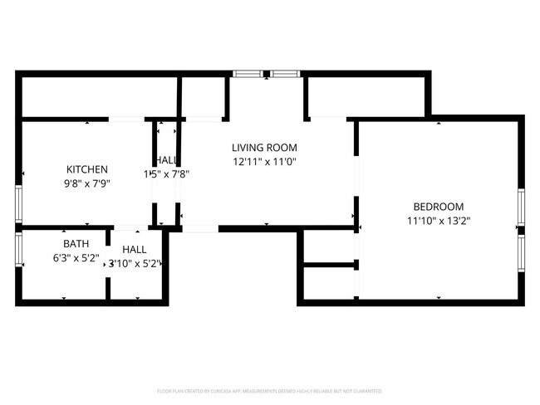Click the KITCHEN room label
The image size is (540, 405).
[x=87, y=168]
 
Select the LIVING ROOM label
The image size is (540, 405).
[x=264, y=148]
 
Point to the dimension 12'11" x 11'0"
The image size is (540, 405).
[x=264, y=163]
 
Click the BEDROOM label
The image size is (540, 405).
[x=439, y=207]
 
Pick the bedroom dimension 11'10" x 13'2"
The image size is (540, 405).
[x=439, y=221]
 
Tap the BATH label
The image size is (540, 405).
[x=76, y=244]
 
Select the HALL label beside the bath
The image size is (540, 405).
[x=134, y=249]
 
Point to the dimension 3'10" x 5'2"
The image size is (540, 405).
[x=134, y=263]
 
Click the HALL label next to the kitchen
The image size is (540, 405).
[x=164, y=160]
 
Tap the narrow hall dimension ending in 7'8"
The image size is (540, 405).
[x=168, y=174]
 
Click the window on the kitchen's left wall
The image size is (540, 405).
[x=17, y=203]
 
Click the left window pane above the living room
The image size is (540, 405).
[x=247, y=74]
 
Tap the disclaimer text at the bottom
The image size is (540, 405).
[x=269, y=390]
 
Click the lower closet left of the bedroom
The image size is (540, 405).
[x=329, y=283]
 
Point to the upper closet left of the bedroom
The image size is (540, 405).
[x=329, y=246]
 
